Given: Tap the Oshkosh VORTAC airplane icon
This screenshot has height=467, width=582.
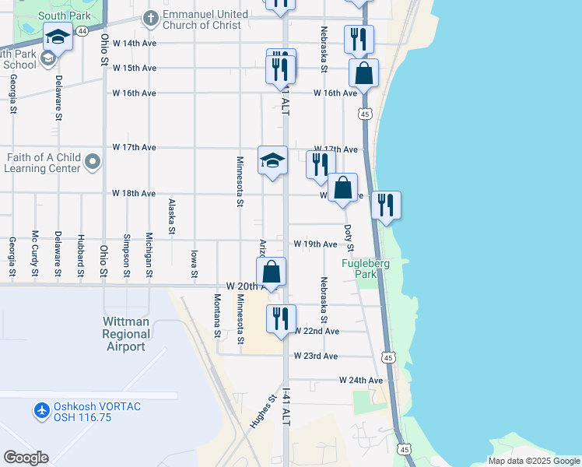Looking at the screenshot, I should pyautogui.click(x=41, y=409).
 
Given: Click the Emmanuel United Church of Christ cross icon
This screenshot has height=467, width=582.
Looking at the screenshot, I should pyautogui.click(x=150, y=18).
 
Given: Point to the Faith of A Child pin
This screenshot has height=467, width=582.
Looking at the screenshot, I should pyautogui.click(x=93, y=162).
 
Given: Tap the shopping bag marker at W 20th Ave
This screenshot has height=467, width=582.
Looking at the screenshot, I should pyautogui.click(x=272, y=272).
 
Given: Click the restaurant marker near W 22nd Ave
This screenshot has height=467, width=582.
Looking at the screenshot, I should pyautogui.click(x=281, y=318).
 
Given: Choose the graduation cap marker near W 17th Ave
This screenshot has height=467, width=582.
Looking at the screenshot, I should pyautogui.click(x=272, y=160).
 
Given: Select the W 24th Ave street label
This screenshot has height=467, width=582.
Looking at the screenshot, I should pyautogui.click(x=361, y=381).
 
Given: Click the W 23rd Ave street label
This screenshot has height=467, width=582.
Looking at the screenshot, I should pyautogui.click(x=315, y=356).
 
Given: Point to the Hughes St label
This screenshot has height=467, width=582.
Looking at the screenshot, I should pyautogui.click(x=264, y=413).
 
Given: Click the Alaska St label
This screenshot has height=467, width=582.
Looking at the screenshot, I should pyautogui.click(x=171, y=215).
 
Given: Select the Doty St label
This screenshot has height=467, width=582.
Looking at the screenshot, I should pyautogui.click(x=349, y=237).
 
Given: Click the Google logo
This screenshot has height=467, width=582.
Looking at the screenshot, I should pyautogui.click(x=26, y=458).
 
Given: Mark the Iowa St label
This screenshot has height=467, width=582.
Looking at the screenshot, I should pyautogui.click(x=194, y=262).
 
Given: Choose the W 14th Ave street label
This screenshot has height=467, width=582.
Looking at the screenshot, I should pyautogui.click(x=135, y=44).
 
